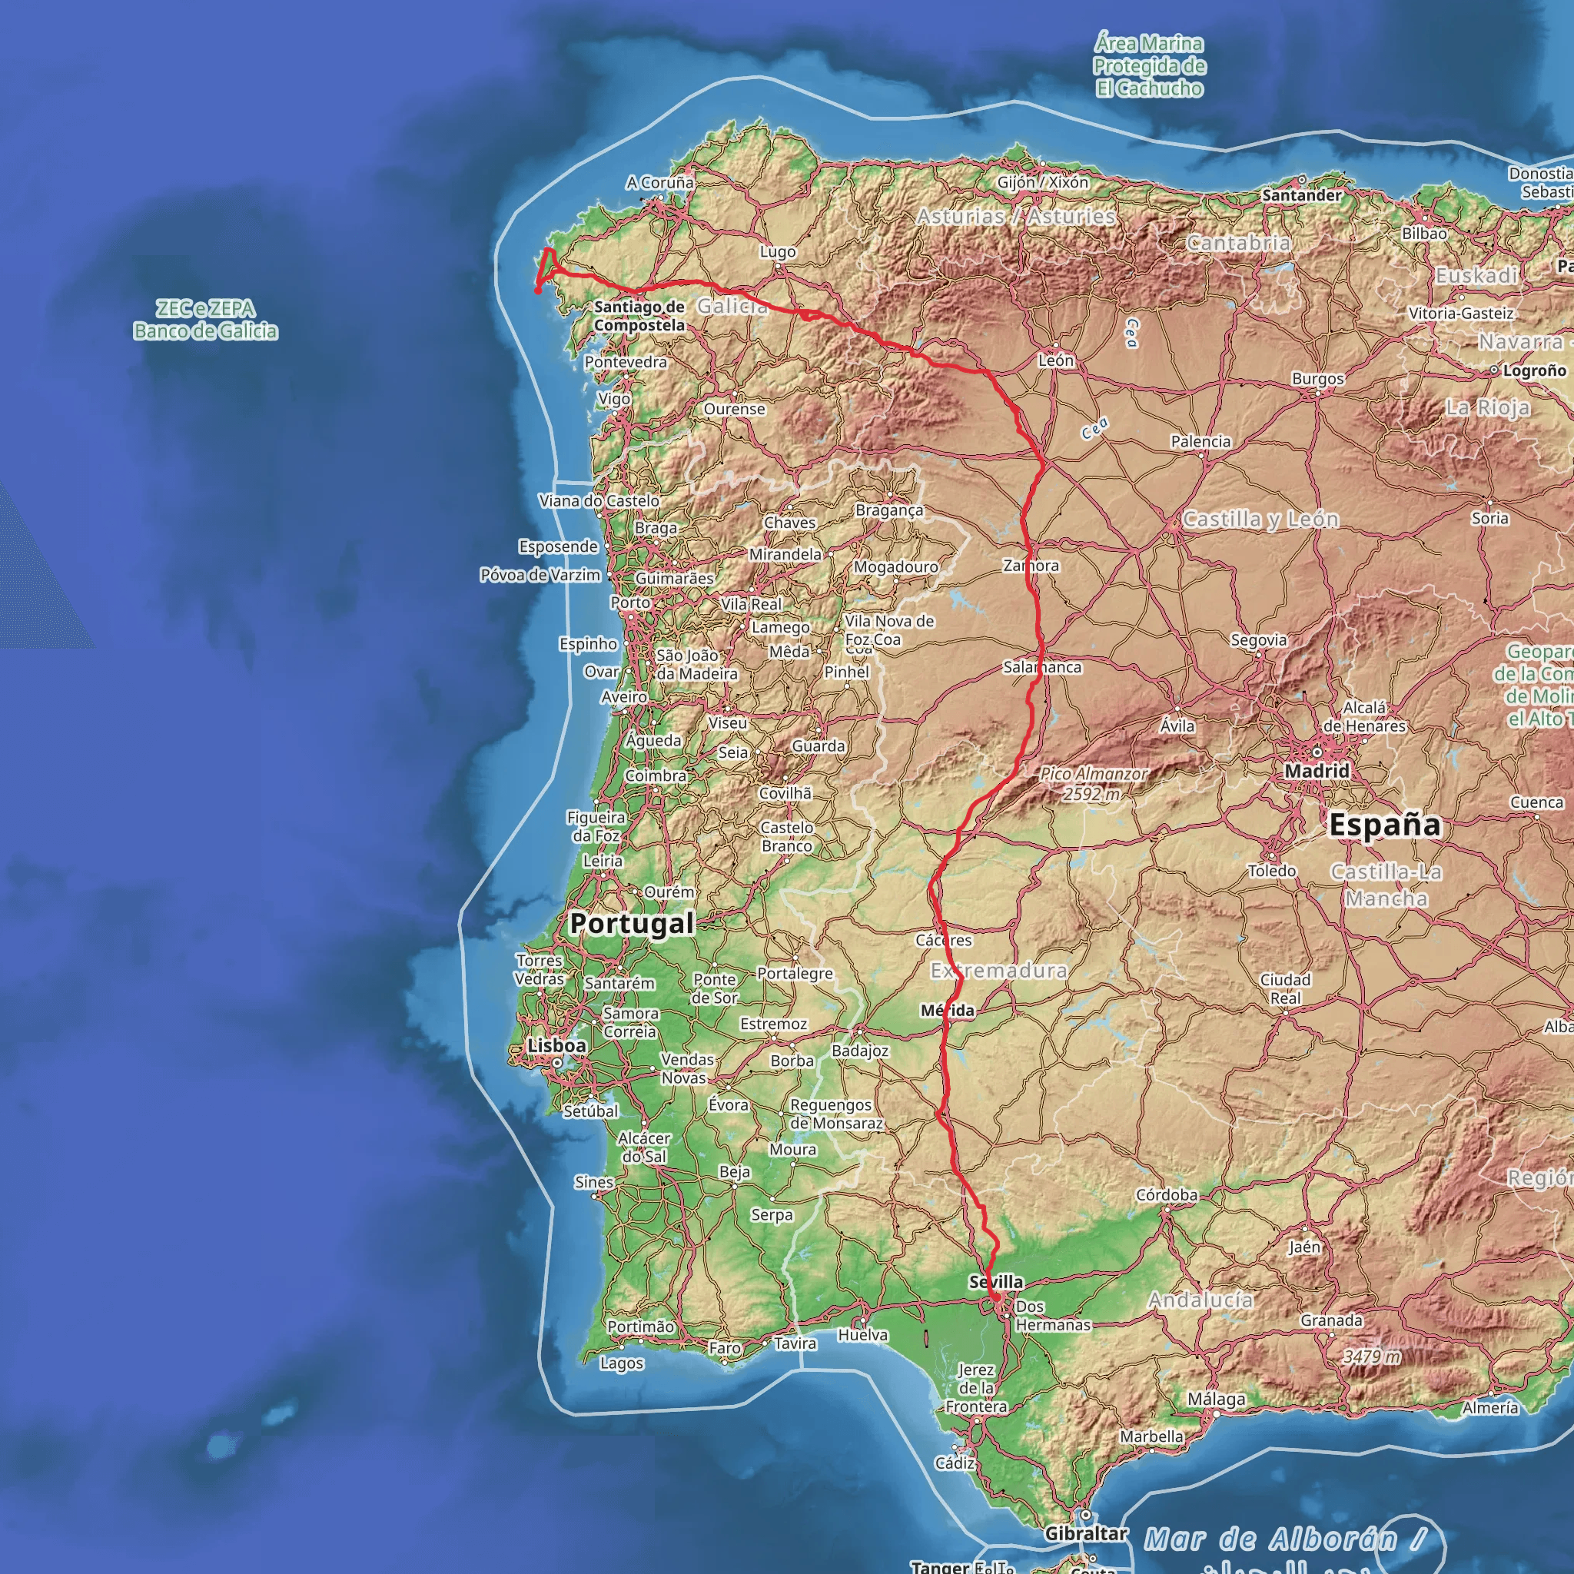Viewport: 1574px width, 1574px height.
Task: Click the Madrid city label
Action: [1317, 770]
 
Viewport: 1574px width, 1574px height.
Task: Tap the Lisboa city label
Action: [556, 1045]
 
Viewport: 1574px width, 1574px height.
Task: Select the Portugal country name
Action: [632, 923]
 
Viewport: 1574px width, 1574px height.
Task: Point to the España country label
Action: [1384, 825]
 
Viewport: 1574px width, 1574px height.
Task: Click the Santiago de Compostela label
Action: [639, 316]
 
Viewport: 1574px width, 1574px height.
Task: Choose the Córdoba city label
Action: [1167, 1194]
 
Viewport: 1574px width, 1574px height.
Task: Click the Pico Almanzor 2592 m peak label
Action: [1094, 784]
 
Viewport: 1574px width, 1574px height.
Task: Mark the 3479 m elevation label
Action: [1372, 1356]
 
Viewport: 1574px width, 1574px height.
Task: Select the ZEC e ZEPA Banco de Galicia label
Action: [205, 320]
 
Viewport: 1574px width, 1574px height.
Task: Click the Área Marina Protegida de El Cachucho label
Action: [1149, 66]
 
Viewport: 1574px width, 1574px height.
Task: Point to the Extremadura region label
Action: [999, 971]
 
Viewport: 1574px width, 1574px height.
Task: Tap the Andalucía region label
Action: [1201, 1300]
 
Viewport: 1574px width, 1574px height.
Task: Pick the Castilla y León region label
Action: [1260, 519]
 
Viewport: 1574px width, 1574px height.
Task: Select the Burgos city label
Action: [1317, 379]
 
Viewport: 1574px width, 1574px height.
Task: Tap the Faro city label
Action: [724, 1348]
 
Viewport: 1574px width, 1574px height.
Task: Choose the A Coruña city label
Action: [660, 182]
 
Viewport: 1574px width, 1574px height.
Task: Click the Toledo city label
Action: [1272, 871]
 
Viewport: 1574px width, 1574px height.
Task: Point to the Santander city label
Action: [1302, 195]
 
